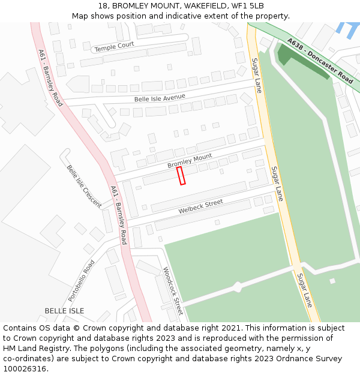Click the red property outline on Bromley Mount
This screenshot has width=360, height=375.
(181, 176)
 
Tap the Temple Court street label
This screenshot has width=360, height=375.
(115, 46)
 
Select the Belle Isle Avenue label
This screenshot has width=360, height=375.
(160, 97)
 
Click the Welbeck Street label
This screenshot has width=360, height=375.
(200, 207)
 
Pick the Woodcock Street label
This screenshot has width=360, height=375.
(172, 291)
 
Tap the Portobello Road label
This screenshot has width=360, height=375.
(82, 280)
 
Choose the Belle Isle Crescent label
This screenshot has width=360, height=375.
(83, 186)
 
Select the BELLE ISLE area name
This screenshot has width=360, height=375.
(64, 311)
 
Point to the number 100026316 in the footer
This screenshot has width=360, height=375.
(25, 369)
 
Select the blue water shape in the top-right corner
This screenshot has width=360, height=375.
(346, 26)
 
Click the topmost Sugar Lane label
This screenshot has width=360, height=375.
(257, 75)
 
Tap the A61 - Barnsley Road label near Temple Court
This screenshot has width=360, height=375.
(50, 77)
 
